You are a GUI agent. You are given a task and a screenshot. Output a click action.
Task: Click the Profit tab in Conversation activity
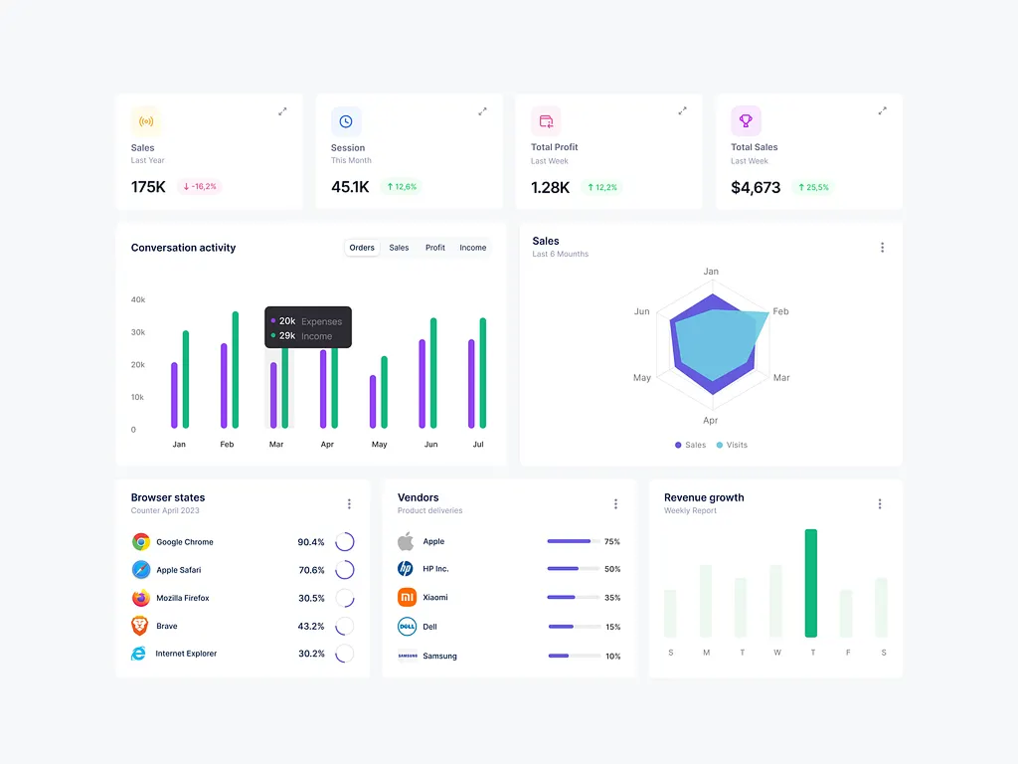pos(434,248)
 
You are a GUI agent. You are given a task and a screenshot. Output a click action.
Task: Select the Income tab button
pos(472,248)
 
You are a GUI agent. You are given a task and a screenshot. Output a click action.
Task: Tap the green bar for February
pos(236,370)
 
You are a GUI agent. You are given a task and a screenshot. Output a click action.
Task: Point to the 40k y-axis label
pos(138,299)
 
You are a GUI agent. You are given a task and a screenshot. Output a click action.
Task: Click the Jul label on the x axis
pos(478,445)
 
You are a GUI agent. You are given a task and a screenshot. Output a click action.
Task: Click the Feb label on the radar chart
pos(780,311)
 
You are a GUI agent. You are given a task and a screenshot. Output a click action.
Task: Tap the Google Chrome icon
pos(140,542)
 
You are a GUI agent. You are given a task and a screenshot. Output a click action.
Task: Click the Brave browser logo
pos(140,626)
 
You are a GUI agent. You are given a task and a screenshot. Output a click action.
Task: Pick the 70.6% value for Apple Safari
pos(311,570)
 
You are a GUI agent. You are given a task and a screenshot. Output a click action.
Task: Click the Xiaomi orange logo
pos(406,597)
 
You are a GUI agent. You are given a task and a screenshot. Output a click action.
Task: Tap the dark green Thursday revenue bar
pos(811,583)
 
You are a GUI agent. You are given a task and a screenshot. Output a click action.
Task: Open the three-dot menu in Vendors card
pos(615,504)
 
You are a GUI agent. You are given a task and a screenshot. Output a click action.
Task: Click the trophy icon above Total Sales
pos(746,121)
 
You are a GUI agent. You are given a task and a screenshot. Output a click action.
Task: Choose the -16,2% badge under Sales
pos(199,186)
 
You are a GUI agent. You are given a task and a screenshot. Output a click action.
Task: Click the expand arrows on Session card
pos(482,111)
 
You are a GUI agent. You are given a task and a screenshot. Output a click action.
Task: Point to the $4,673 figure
pos(756,187)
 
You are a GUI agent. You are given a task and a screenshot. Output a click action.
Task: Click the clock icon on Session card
pos(346,121)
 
